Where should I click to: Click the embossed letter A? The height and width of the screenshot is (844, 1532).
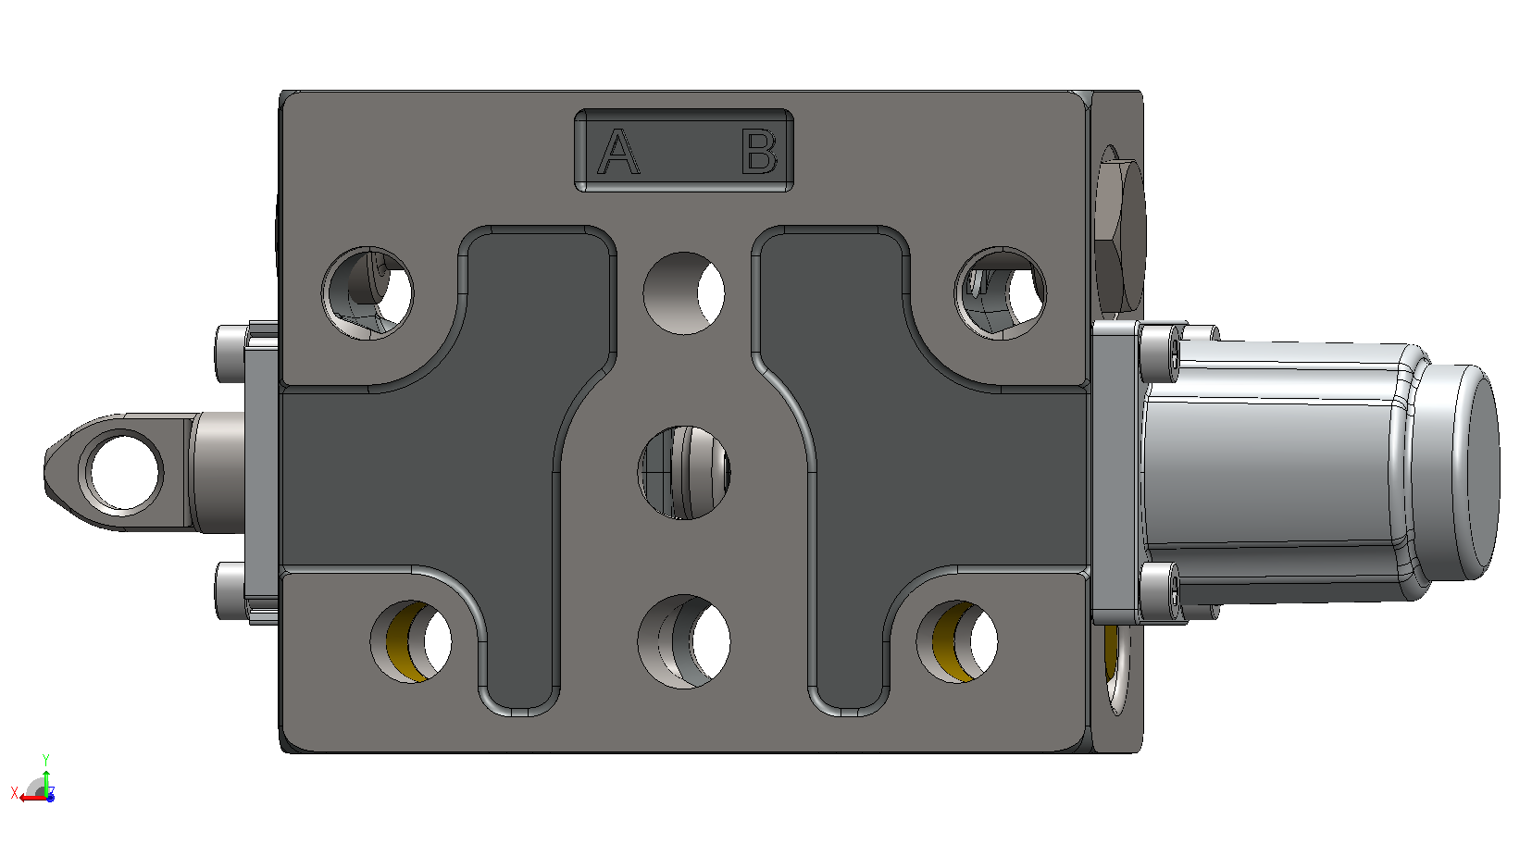point(618,152)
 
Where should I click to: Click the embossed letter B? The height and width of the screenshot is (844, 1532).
point(760,152)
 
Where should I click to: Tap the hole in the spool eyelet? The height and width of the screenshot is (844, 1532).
point(124,473)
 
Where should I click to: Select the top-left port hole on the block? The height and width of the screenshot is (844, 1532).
point(367,292)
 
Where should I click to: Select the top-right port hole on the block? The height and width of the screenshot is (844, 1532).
point(1001,292)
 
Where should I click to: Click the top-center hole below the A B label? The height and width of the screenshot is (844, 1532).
point(684,292)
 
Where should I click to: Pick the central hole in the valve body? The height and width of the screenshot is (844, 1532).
point(684,473)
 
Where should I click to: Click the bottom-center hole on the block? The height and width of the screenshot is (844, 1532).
point(684,641)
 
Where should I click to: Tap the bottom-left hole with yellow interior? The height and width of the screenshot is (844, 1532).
point(411,641)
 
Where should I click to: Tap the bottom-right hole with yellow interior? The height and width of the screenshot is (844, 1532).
point(957,641)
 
